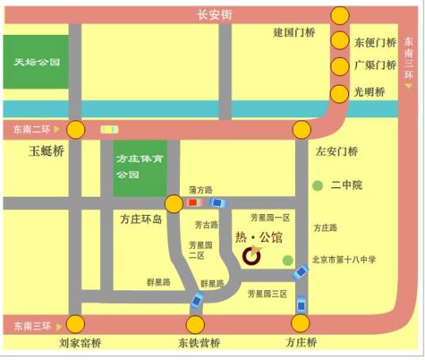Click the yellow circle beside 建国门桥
point(340,15)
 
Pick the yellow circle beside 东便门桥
point(340,41)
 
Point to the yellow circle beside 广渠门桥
point(340,66)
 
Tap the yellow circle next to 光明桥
point(340,92)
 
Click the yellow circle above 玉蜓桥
point(76,129)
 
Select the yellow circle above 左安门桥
point(301,129)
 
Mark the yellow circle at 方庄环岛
point(173,204)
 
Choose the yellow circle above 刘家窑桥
point(76,324)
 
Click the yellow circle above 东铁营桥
point(195,324)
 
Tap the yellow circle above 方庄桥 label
point(301,324)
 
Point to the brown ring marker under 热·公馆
point(251,255)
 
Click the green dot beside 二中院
point(318,186)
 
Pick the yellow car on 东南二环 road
point(109,128)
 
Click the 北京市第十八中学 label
point(344,259)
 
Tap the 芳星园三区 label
point(266,294)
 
